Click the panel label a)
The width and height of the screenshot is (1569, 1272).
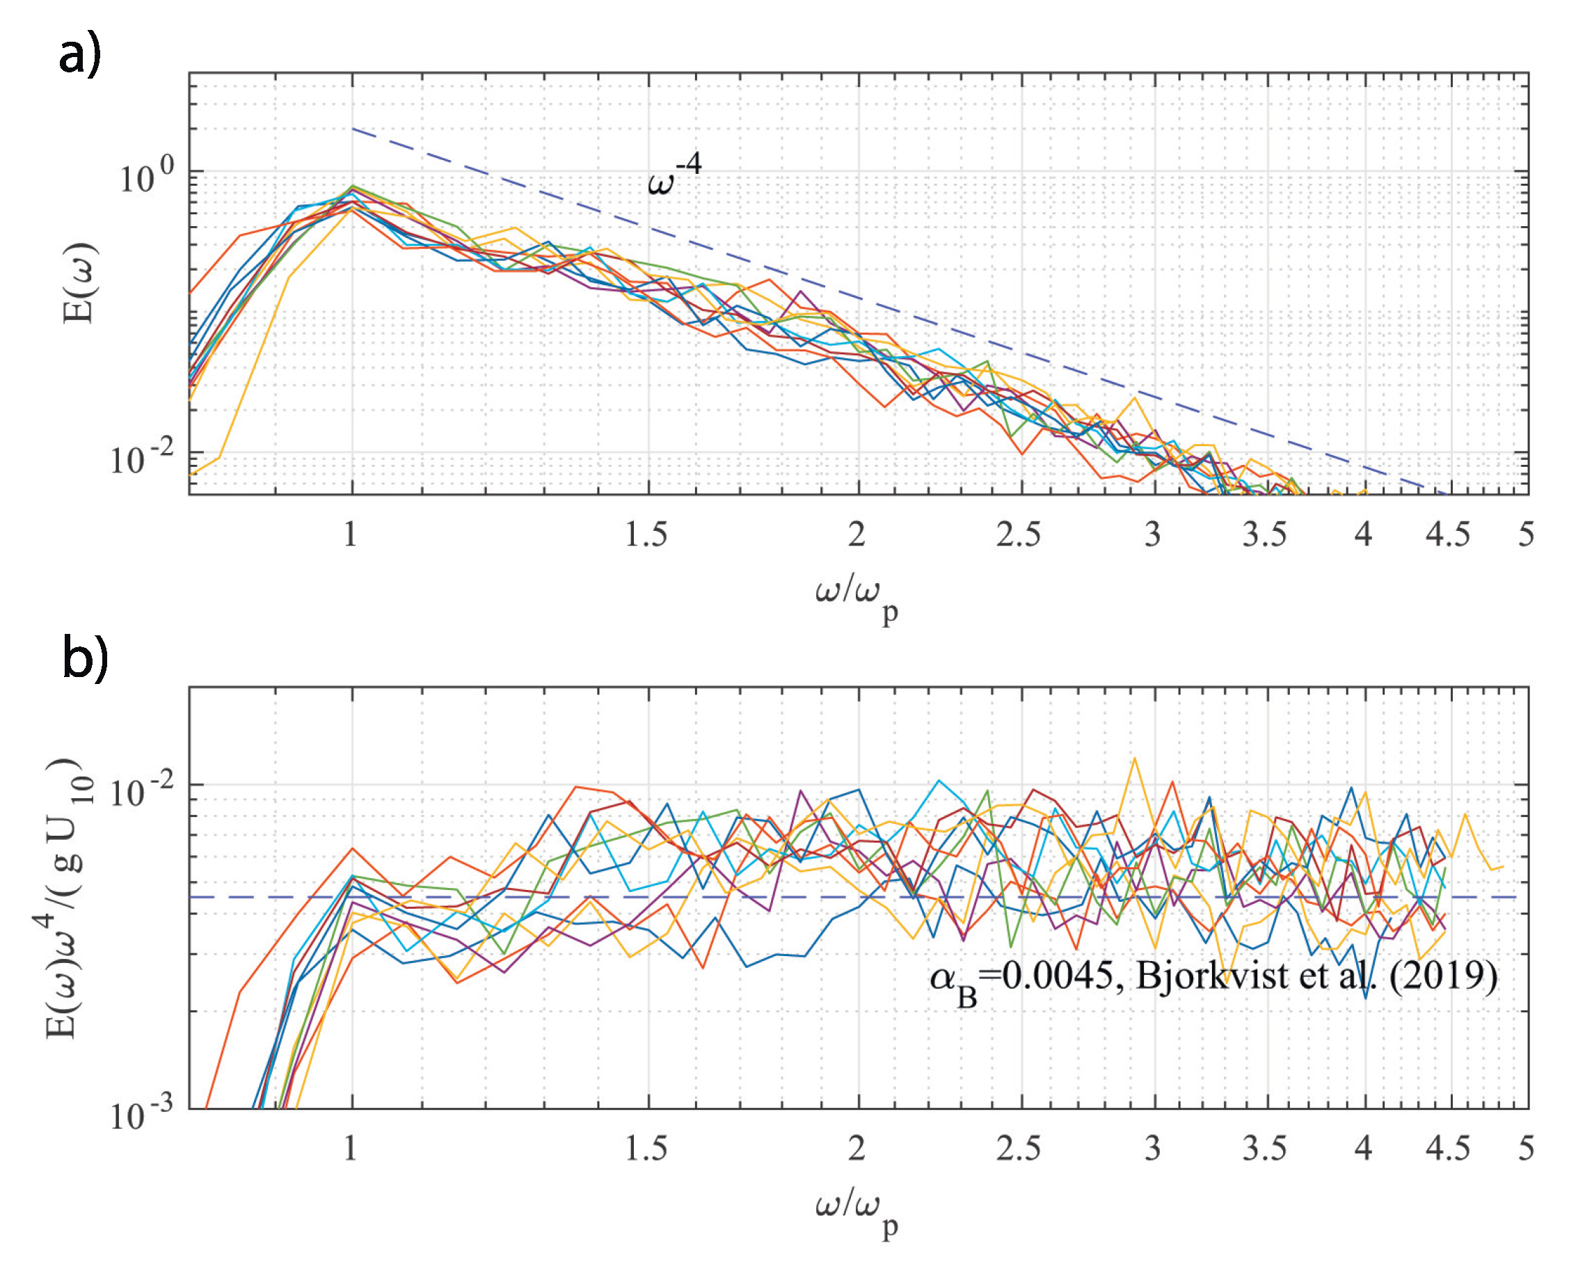pyautogui.click(x=80, y=54)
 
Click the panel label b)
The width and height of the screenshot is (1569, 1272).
pyautogui.click(x=85, y=658)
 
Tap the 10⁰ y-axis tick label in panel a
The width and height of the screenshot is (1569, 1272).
pyautogui.click(x=147, y=176)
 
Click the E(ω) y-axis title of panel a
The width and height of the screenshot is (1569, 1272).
pyautogui.click(x=79, y=283)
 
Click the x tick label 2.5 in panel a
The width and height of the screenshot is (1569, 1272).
pyautogui.click(x=1017, y=535)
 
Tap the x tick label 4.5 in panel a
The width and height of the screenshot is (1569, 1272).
pyautogui.click(x=1447, y=535)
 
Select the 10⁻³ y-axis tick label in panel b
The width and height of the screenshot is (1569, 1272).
pyautogui.click(x=142, y=1114)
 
